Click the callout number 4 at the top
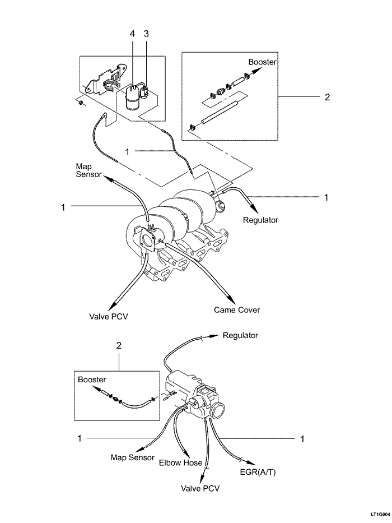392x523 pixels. point(132,34)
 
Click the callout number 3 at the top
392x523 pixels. point(146,34)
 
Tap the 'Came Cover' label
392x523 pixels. point(237,309)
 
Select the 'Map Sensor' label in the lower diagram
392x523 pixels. point(132,457)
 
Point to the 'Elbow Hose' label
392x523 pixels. point(180,463)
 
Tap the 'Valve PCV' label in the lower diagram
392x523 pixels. point(200,488)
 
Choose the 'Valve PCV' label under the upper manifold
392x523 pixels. point(109,316)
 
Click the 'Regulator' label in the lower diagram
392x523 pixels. point(240,335)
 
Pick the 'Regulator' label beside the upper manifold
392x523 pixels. point(260,220)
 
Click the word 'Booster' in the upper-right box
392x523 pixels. point(262,62)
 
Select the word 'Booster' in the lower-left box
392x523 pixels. point(92,379)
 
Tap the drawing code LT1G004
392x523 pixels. point(378,513)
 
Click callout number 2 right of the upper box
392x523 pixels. point(328,96)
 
